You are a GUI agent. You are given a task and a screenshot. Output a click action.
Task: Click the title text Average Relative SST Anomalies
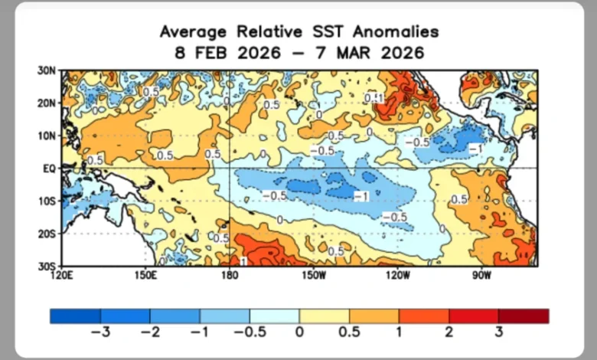pos(298,31)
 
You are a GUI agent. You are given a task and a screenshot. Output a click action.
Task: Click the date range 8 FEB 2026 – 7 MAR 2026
pos(298,53)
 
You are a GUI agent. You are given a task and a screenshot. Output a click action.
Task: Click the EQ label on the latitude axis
pos(49,168)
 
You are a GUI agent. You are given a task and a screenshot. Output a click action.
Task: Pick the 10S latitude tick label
pos(47,201)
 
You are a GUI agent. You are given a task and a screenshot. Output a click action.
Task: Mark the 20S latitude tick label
pos(47,233)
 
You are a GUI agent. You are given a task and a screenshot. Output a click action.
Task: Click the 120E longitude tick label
pos(62,273)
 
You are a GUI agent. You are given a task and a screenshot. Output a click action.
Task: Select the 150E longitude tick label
pos(145,273)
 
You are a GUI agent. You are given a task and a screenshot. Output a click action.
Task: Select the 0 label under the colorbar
pos(299,332)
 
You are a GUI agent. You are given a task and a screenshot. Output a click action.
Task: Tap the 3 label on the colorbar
pos(498,332)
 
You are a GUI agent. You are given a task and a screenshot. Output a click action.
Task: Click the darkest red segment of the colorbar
pos(524,316)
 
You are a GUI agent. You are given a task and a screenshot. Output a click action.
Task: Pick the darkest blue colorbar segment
pos(75,316)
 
